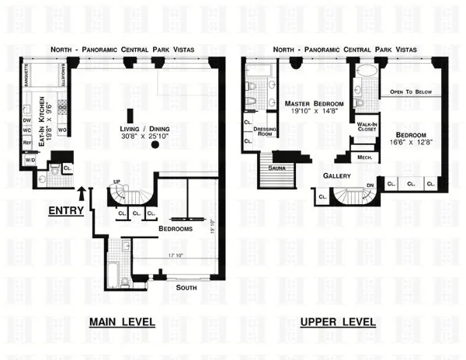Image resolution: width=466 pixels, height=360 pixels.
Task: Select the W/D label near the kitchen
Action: [29, 161]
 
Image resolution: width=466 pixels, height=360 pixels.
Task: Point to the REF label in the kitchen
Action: [26, 143]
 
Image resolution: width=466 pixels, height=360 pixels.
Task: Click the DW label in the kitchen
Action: [26, 121]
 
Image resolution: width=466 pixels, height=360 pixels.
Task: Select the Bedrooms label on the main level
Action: [176, 230]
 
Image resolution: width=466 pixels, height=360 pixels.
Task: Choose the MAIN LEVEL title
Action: [122, 322]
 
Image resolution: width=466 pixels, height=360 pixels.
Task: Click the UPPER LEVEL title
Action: [338, 322]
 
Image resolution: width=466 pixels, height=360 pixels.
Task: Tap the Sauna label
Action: [276, 167]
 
